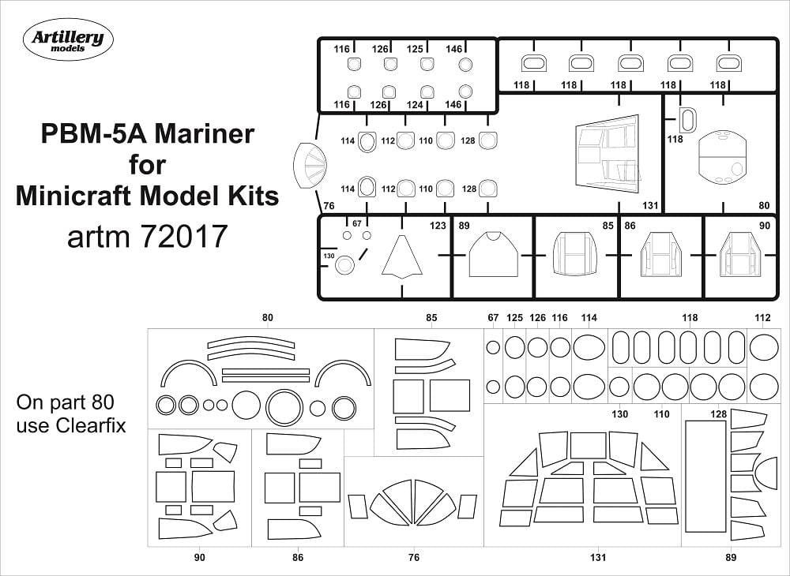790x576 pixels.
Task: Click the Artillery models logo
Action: (x=68, y=39)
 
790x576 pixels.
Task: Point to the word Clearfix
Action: (x=91, y=425)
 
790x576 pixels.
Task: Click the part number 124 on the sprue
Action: (x=415, y=105)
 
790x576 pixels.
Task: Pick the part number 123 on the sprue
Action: (x=438, y=226)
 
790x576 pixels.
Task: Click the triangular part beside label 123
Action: (x=401, y=257)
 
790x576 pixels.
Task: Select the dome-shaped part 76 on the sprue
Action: (x=310, y=165)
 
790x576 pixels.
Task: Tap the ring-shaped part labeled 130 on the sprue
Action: (x=344, y=265)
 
